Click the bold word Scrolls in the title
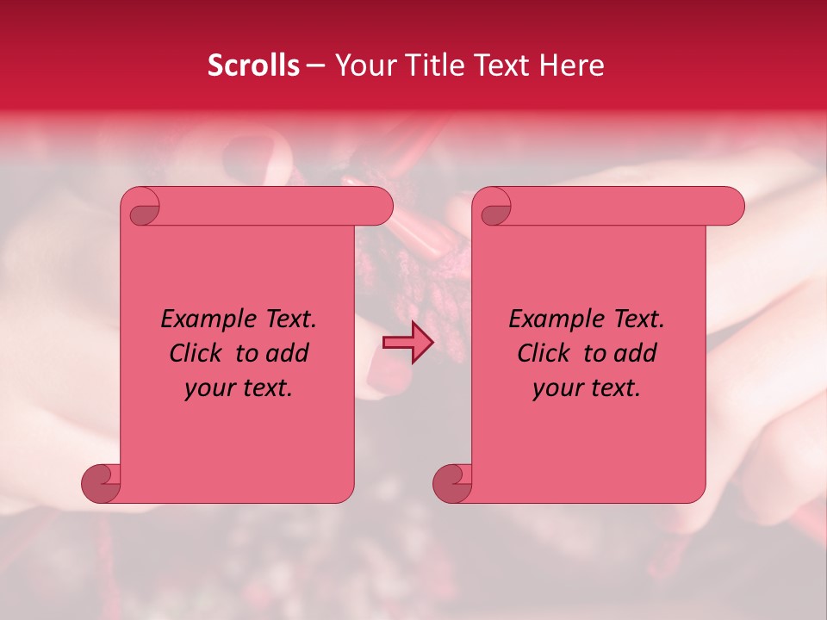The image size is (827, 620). pyautogui.click(x=254, y=65)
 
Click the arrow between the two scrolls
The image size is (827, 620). pyautogui.click(x=408, y=343)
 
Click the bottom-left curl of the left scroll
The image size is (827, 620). pyautogui.click(x=101, y=483)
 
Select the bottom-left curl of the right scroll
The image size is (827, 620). pyautogui.click(x=452, y=483)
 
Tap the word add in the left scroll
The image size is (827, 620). pyautogui.click(x=288, y=353)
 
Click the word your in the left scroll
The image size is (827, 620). pyautogui.click(x=208, y=388)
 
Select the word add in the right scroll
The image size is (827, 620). pyautogui.click(x=636, y=353)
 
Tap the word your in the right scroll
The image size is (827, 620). pyautogui.click(x=556, y=388)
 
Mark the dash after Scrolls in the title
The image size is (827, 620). pyautogui.click(x=315, y=66)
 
